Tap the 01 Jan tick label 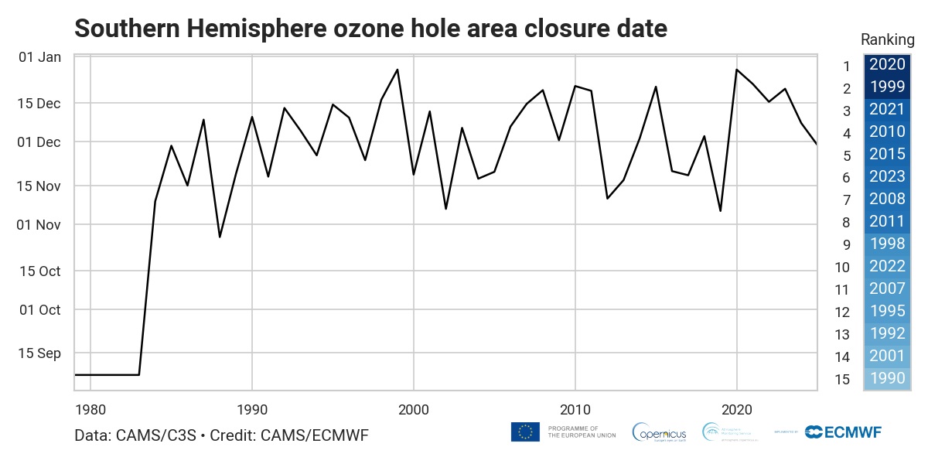pos(39,57)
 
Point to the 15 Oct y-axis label pos(39,271)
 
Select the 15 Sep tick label pos(39,353)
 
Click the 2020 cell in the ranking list pos(886,66)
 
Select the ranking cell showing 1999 pos(886,88)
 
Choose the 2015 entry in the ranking pos(886,155)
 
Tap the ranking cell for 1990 pos(886,380)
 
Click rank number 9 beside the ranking pos(847,245)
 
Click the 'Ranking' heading pos(888,40)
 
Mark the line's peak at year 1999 pos(397,70)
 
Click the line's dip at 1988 pos(220,237)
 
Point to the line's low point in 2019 pos(721,211)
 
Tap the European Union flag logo pos(525,432)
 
